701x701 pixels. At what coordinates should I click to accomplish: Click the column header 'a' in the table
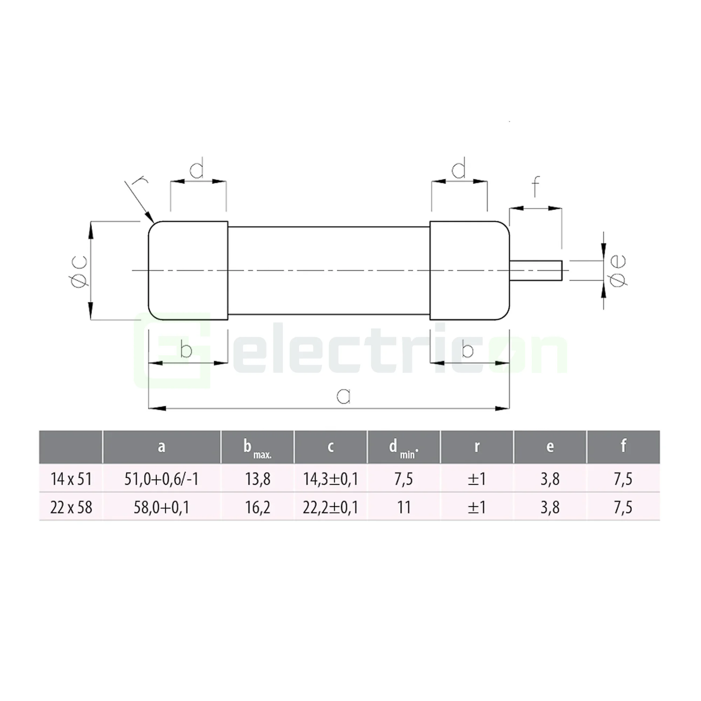tap(162, 447)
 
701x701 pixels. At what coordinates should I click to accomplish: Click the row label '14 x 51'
tap(71, 479)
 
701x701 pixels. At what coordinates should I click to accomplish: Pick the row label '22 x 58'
tap(71, 507)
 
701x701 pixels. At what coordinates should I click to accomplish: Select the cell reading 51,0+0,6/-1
tap(162, 479)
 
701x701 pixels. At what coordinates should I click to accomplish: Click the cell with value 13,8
tap(258, 479)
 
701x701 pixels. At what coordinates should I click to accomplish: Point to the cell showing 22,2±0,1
tap(331, 507)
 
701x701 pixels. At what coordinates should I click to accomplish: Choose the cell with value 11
tap(403, 507)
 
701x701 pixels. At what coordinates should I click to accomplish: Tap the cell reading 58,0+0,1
tap(162, 507)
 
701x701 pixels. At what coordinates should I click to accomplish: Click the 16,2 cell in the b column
tap(258, 507)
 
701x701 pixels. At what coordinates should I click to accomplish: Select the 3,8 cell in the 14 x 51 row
tap(550, 479)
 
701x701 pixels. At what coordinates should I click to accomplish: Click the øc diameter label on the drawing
tap(79, 271)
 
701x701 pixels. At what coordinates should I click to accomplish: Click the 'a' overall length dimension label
tap(343, 395)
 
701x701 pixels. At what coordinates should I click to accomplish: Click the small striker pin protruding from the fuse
tap(536, 270)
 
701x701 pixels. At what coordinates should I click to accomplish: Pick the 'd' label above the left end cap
tap(197, 169)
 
